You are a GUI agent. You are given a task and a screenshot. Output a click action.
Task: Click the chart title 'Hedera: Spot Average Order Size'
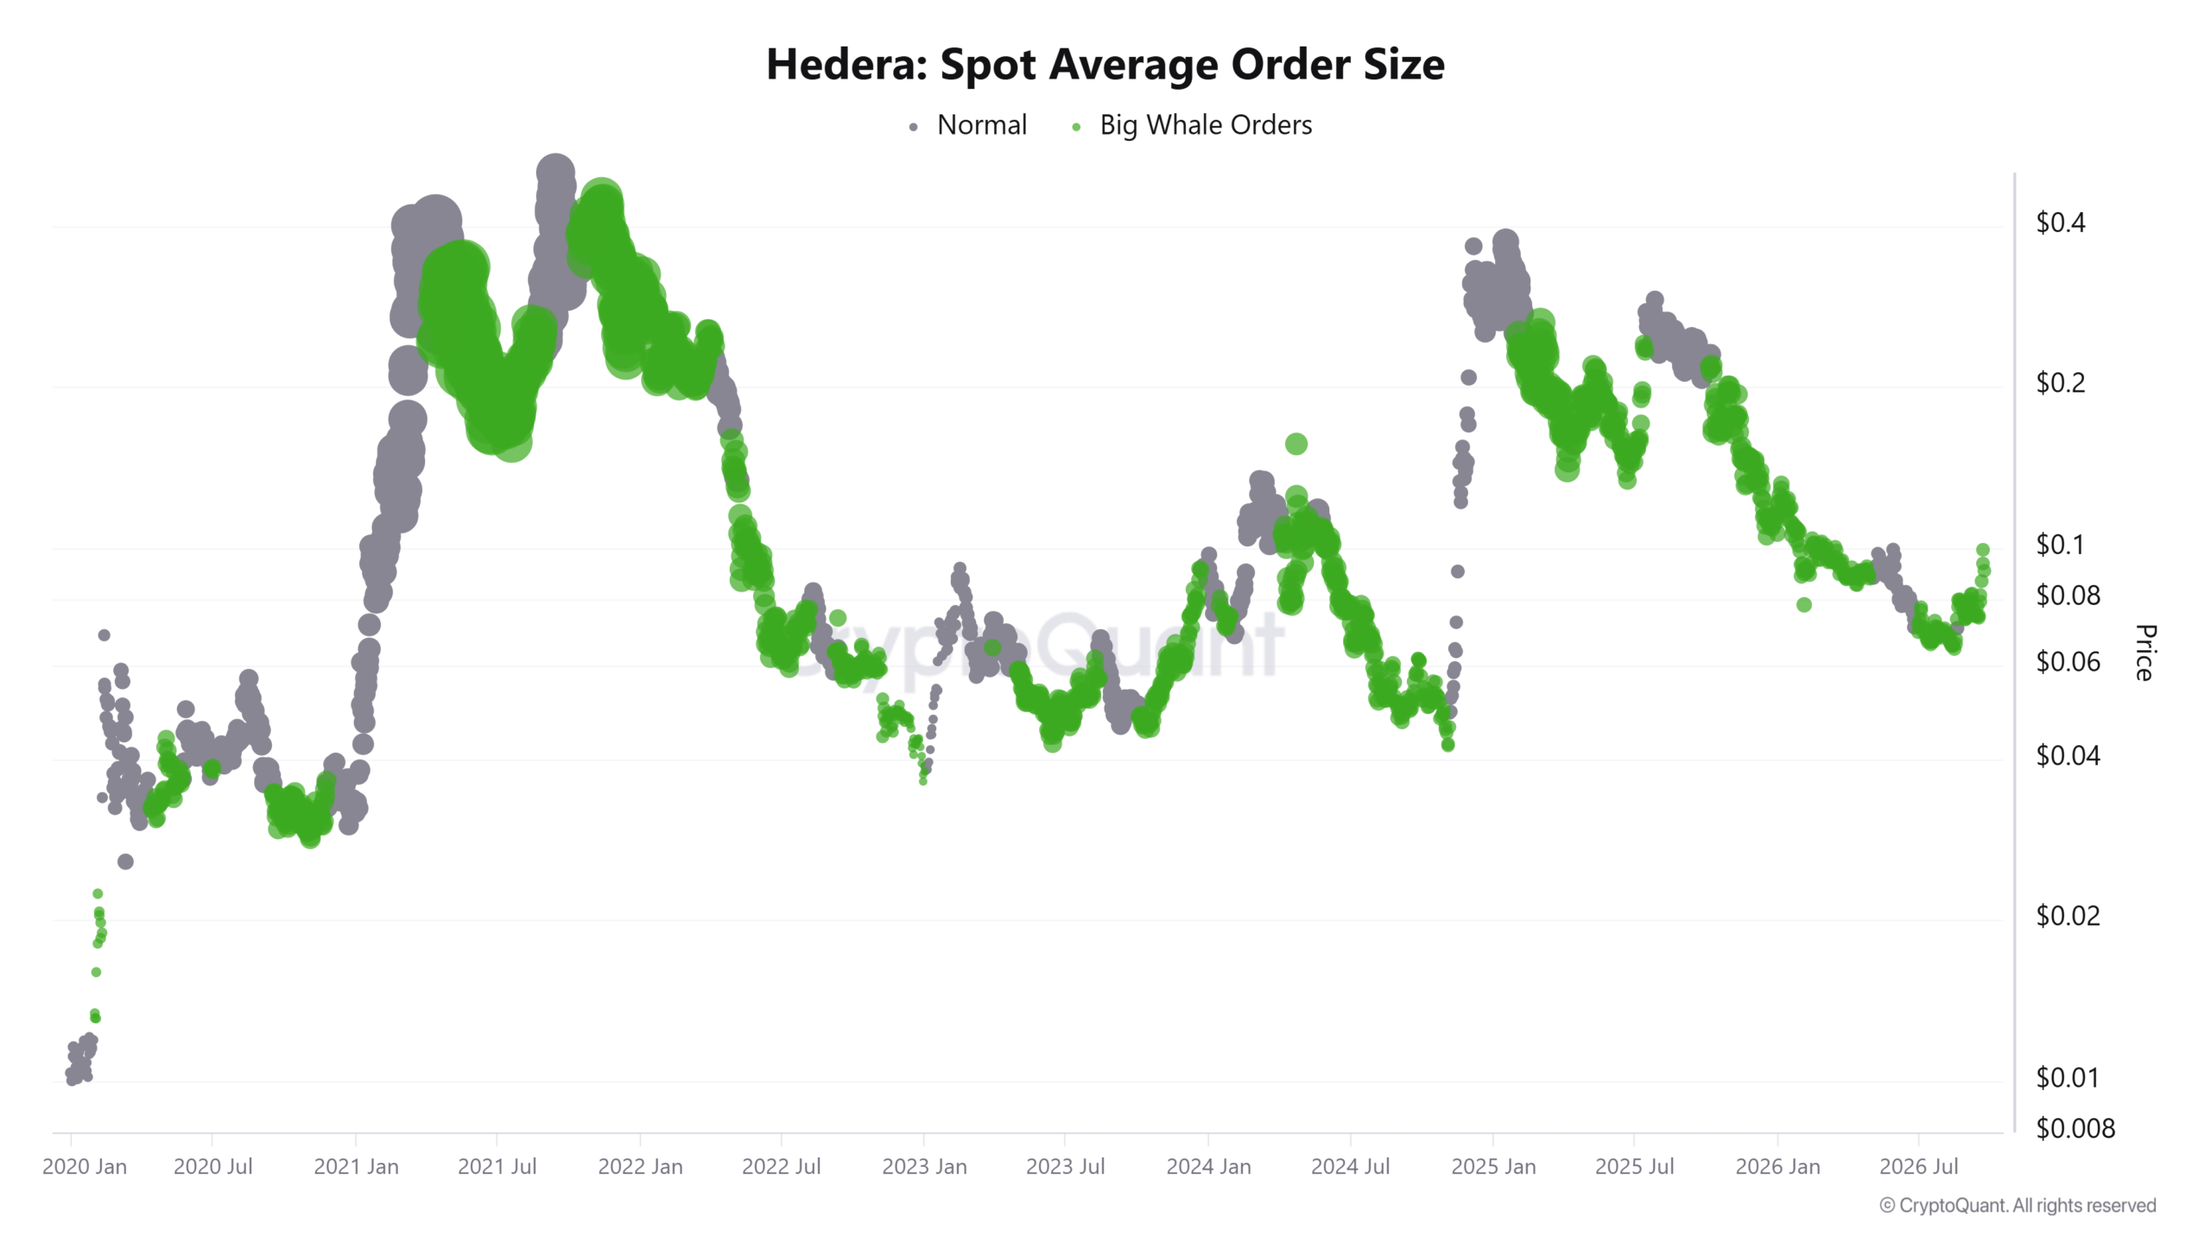(1105, 65)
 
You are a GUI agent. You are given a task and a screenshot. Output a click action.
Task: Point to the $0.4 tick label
(2061, 223)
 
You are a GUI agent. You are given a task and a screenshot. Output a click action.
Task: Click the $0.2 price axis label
(2061, 382)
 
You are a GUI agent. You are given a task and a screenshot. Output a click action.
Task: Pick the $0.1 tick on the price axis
(2060, 545)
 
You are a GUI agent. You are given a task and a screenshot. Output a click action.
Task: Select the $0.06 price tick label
(2068, 662)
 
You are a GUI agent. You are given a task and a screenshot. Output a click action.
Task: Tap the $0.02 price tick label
(2068, 916)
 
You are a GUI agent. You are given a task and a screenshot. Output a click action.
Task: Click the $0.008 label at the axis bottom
(2075, 1128)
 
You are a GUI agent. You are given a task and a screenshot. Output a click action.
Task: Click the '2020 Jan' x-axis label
(85, 1167)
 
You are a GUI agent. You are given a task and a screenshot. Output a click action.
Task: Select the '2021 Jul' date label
(497, 1167)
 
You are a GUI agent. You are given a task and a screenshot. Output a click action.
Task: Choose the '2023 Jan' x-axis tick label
(924, 1167)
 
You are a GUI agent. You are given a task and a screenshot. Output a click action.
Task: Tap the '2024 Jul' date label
(1351, 1167)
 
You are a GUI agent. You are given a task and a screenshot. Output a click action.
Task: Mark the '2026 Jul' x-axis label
(1919, 1167)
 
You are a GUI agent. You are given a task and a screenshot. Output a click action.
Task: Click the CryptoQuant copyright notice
(2018, 1206)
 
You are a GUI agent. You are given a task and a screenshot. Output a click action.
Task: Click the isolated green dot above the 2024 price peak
(1296, 444)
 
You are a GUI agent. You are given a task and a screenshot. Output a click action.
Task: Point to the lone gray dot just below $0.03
(125, 861)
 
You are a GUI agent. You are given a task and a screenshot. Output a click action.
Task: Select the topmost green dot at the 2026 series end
(1983, 550)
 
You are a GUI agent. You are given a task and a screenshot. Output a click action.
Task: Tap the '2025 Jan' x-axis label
(1493, 1167)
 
